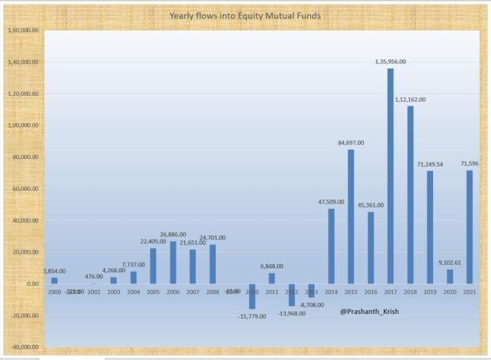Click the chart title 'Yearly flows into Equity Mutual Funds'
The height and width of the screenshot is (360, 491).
tap(245, 15)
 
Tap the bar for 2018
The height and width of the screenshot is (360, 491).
tap(410, 194)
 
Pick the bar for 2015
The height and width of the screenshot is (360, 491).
tap(351, 216)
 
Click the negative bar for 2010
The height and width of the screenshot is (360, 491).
tap(252, 296)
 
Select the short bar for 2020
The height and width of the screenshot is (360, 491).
tap(449, 276)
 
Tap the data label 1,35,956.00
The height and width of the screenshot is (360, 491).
tap(391, 62)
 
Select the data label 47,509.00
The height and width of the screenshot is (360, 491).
tap(331, 202)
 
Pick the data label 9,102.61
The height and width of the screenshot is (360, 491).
tap(449, 262)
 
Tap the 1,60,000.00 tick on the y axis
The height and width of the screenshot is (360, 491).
tap(22, 31)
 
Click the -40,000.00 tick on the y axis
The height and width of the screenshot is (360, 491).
tap(22, 347)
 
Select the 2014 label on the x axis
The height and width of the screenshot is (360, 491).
tap(331, 292)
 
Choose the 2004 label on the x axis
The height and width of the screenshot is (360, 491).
tap(134, 292)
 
